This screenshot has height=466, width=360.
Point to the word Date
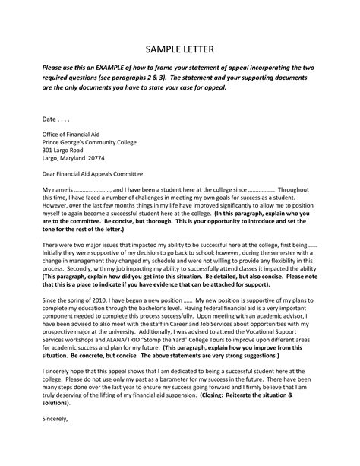50,120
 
